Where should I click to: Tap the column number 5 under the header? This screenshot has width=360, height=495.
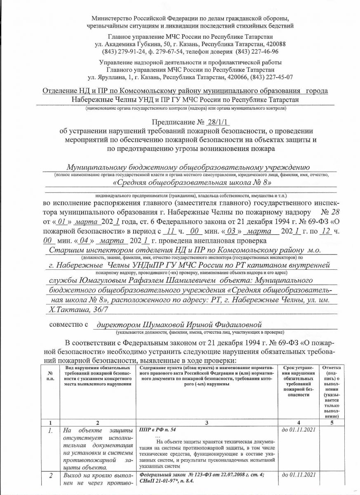[x=332, y=423]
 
